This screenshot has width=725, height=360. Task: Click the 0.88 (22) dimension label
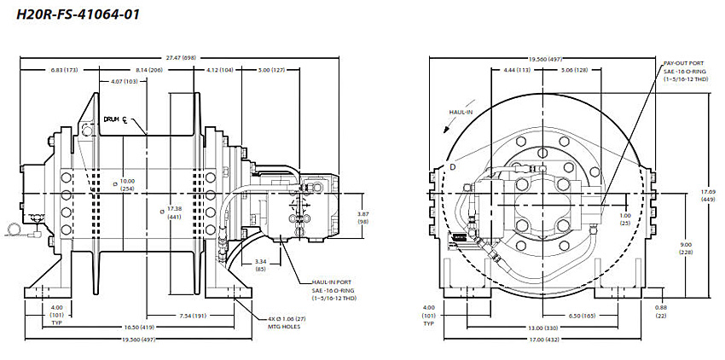tap(661, 311)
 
